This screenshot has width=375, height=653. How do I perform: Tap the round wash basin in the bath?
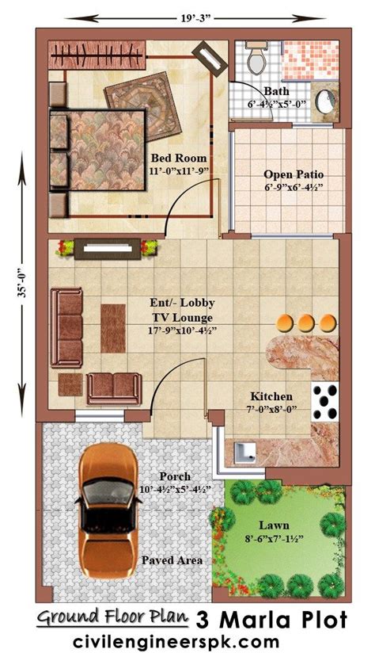324,101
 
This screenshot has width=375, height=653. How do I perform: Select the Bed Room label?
178,158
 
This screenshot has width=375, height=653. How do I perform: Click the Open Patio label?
294,174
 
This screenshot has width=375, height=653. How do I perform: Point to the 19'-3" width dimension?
195,18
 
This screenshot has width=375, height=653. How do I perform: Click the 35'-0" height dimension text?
23,284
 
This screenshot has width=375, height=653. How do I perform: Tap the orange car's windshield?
109,492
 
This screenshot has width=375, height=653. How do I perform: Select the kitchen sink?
245,453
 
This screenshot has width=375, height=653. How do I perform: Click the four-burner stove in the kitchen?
325,402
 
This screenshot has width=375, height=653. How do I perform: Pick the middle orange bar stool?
306,323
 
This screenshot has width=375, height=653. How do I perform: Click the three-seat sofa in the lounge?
66,328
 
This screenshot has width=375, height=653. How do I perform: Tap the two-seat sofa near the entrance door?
114,388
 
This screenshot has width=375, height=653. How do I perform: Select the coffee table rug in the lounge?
113,328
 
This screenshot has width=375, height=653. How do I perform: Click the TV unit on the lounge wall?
108,249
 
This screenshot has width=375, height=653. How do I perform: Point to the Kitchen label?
271,396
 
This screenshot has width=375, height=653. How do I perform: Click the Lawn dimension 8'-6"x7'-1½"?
274,538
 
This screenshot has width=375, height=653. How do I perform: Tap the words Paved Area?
172,560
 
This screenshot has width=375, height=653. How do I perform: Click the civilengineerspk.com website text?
176,640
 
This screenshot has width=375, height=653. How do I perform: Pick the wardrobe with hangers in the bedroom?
97,55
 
